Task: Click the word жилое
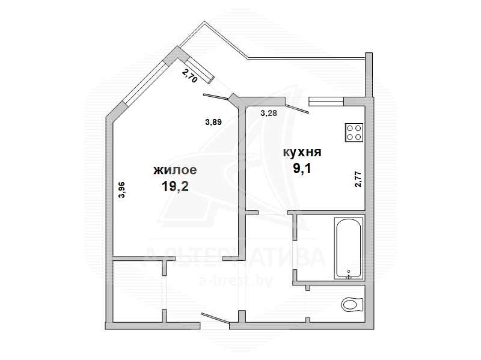[x=175, y=170]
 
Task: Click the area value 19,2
[x=175, y=186]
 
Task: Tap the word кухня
[x=302, y=153]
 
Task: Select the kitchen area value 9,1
[x=302, y=168]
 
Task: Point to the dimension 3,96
[x=122, y=190]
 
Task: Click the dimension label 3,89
[x=213, y=122]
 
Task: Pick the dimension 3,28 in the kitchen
[x=269, y=113]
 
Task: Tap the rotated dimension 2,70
[x=189, y=76]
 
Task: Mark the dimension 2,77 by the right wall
[x=358, y=179]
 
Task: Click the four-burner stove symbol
[x=354, y=132]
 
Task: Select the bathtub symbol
[x=348, y=248]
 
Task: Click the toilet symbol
[x=352, y=305]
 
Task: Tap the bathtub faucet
[x=349, y=275]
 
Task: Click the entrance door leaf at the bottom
[x=215, y=319]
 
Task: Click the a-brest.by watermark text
[x=236, y=281]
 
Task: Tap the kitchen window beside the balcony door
[x=326, y=102]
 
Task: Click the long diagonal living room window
[x=145, y=82]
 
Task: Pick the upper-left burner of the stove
[x=350, y=129]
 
